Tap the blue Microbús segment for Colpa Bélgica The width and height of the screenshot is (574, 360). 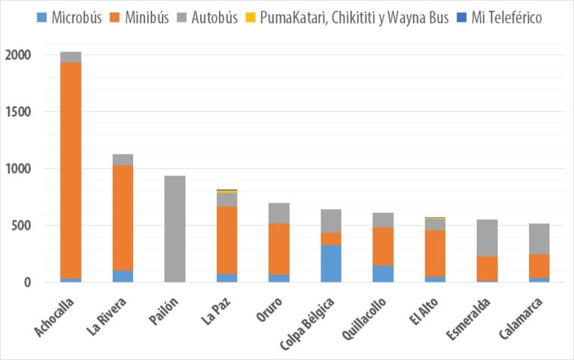coord(331,263)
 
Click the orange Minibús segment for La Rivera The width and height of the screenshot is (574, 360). coord(123,217)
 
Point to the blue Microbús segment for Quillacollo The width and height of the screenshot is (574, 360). coord(383,273)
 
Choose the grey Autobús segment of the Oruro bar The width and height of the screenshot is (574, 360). coord(279,213)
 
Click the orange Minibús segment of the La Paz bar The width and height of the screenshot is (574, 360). coord(227,240)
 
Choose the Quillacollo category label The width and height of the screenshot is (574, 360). coord(365,319)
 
